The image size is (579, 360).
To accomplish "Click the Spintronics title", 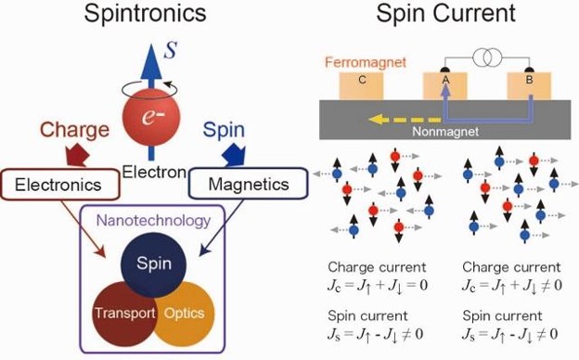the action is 145,13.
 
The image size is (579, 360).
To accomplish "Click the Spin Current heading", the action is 445,13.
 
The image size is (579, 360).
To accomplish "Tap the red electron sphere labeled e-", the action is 151,117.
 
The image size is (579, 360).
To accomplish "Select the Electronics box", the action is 59,185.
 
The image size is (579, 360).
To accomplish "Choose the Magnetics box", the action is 248,184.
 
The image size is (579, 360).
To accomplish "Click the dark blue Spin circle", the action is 154,264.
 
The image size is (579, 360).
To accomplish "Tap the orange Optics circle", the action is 184,314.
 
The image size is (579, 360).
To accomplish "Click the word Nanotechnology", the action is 153,221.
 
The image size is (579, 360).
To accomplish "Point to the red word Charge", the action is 74,130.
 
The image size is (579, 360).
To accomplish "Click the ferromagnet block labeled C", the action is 361,86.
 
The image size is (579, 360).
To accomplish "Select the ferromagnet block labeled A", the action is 445,86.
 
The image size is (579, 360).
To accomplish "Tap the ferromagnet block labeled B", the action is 529,86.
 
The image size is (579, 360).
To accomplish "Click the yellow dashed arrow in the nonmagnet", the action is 405,120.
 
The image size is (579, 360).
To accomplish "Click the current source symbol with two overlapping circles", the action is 487,58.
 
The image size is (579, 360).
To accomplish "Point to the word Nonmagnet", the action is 445,132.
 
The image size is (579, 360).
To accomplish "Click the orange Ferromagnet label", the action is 366,62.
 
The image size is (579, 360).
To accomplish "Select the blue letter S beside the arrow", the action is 171,50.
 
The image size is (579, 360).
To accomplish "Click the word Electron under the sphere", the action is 154,172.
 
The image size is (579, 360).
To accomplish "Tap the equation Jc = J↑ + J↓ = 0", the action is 378,286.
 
